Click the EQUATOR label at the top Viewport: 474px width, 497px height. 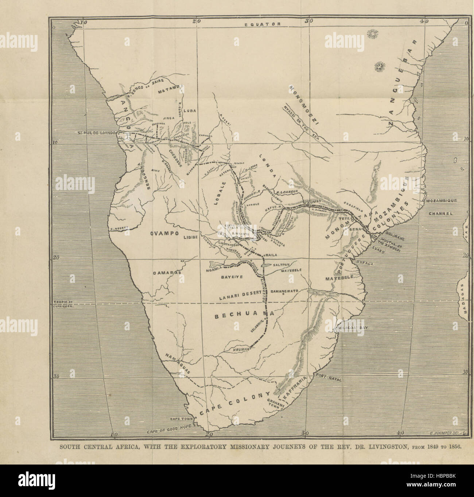coord(262,24)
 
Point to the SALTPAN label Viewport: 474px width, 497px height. coord(283,265)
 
